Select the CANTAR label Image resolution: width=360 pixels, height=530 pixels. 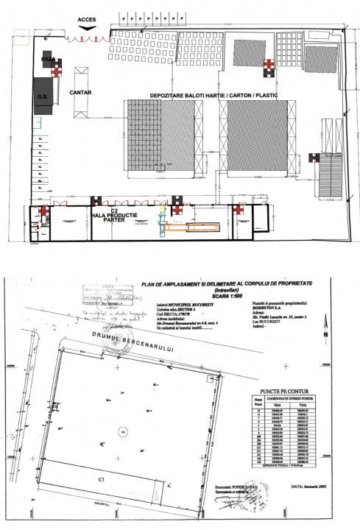[80, 93]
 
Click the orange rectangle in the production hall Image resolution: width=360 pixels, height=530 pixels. [190, 227]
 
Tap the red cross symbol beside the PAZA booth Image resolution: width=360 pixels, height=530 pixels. [57, 71]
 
